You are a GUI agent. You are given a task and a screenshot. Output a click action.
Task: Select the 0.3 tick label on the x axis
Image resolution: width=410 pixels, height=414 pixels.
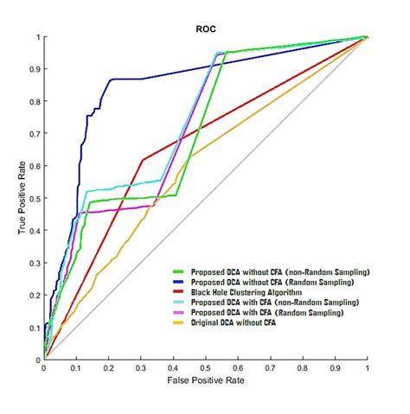[141, 367]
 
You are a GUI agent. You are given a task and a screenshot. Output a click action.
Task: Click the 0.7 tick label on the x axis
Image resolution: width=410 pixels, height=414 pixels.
[270, 367]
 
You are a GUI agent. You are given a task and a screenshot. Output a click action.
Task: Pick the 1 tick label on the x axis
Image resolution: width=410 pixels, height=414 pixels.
[367, 367]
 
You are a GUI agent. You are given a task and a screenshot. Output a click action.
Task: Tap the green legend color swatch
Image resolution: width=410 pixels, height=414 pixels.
[182, 272]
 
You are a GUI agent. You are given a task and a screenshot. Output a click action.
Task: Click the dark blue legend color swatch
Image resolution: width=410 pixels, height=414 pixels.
[182, 283]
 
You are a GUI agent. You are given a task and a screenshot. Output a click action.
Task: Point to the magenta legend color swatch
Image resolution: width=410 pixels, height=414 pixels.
[182, 312]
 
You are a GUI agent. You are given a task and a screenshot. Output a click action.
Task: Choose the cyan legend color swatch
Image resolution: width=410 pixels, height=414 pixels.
[182, 302]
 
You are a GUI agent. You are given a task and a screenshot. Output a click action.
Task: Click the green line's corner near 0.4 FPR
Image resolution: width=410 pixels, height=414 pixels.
[176, 194]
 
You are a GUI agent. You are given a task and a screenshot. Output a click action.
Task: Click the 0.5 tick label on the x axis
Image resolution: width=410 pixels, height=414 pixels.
[206, 367]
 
